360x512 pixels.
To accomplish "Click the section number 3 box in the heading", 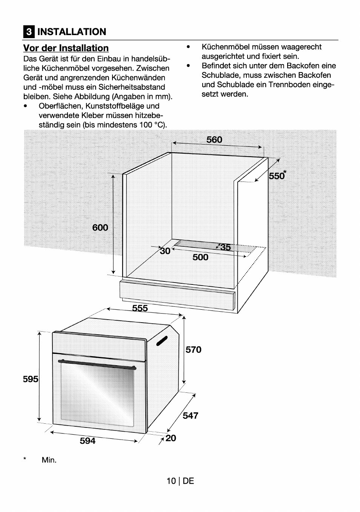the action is pos(29,32).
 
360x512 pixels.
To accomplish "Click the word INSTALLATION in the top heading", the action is pos(72,32).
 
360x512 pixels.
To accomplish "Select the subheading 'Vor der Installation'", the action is pos(66,48).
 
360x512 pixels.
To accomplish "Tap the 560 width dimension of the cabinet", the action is pos(214,140).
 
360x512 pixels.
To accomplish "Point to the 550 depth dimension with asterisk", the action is pos(277,176).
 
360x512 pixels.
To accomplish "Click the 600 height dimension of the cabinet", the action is pos(100,228).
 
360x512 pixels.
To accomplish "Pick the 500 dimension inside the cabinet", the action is pos(200,257).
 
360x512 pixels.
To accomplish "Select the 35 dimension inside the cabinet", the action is pos(225,247).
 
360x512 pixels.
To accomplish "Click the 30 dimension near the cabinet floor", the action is pos(165,251).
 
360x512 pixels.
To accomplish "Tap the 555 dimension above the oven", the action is pos(140,308).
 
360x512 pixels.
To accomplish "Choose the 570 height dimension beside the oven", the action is pos(194,350).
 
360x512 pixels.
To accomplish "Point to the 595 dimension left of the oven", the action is pos(31,379).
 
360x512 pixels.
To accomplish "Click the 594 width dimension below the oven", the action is pos(88,441).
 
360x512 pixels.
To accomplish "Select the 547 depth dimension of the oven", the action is pos(191,415).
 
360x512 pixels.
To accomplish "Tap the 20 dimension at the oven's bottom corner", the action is pos(171,438).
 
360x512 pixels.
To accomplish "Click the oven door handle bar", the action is pos(97,363).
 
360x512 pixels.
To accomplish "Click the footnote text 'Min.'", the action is pos(49,460).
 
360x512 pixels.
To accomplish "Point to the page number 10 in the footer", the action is pos(171,481).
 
